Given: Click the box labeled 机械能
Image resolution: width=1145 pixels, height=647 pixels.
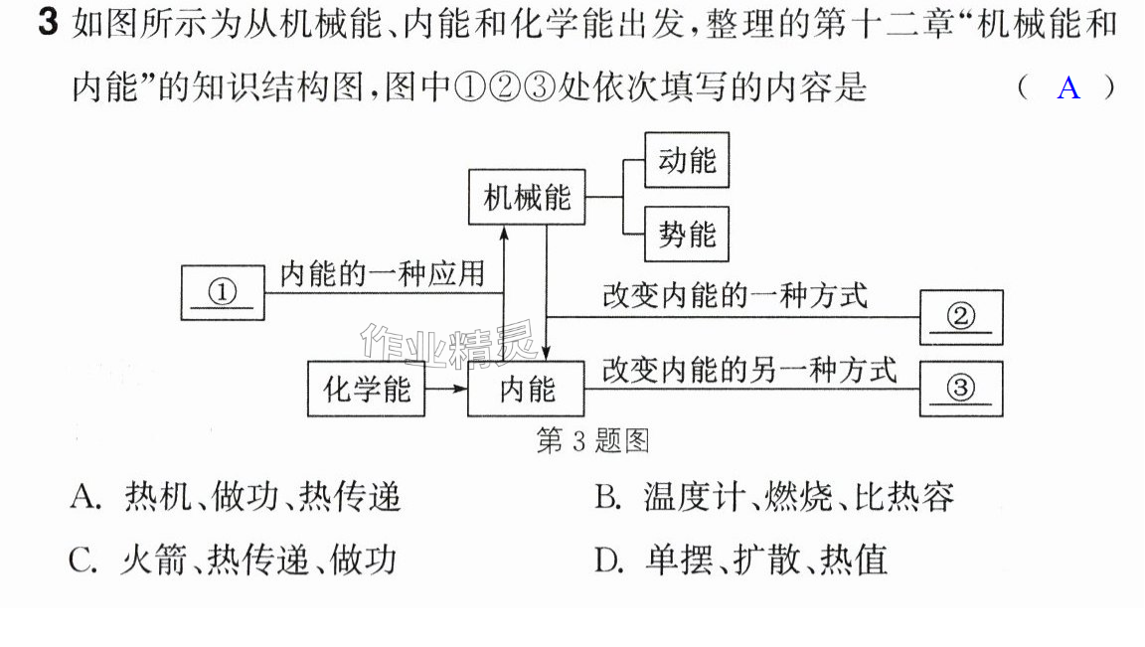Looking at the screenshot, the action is pos(527,197).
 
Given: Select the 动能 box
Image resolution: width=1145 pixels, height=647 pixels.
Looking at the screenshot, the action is pos(687,160).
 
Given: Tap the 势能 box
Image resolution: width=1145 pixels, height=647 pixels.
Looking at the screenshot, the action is pos(687,234).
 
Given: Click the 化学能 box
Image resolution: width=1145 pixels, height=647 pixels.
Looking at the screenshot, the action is pos(366,389).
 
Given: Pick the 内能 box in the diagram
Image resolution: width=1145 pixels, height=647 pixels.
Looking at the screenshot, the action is pos(526,389).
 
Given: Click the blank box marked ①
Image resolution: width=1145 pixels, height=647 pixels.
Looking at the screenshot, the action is pos(223,293).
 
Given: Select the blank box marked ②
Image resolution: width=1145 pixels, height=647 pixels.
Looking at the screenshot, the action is pos(961,317).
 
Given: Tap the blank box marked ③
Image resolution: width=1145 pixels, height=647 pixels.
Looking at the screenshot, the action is pos(961,389).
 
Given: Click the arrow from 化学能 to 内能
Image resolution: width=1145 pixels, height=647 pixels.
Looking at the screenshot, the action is pos(446,389).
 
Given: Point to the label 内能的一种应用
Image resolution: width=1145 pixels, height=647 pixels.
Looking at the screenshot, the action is pos(382,274).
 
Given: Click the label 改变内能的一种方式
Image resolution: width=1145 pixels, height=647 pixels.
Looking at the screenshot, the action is pos(735,296).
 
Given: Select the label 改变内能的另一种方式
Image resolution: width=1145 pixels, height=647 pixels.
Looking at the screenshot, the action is pos(749,370).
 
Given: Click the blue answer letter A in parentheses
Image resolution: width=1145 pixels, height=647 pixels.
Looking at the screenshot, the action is pos(1068,87).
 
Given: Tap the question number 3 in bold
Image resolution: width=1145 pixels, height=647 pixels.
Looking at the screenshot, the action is pos(48,23).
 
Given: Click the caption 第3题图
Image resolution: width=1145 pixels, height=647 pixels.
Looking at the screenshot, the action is pos(592,440).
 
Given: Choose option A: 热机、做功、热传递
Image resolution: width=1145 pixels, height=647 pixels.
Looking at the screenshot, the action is pos(236,497).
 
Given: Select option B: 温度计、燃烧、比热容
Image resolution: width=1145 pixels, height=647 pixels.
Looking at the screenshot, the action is pos(774,497).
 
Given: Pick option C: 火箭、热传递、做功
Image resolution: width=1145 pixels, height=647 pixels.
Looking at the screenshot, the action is pos(233,561).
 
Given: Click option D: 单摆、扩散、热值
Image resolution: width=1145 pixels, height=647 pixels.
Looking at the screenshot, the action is pos(741,561).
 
